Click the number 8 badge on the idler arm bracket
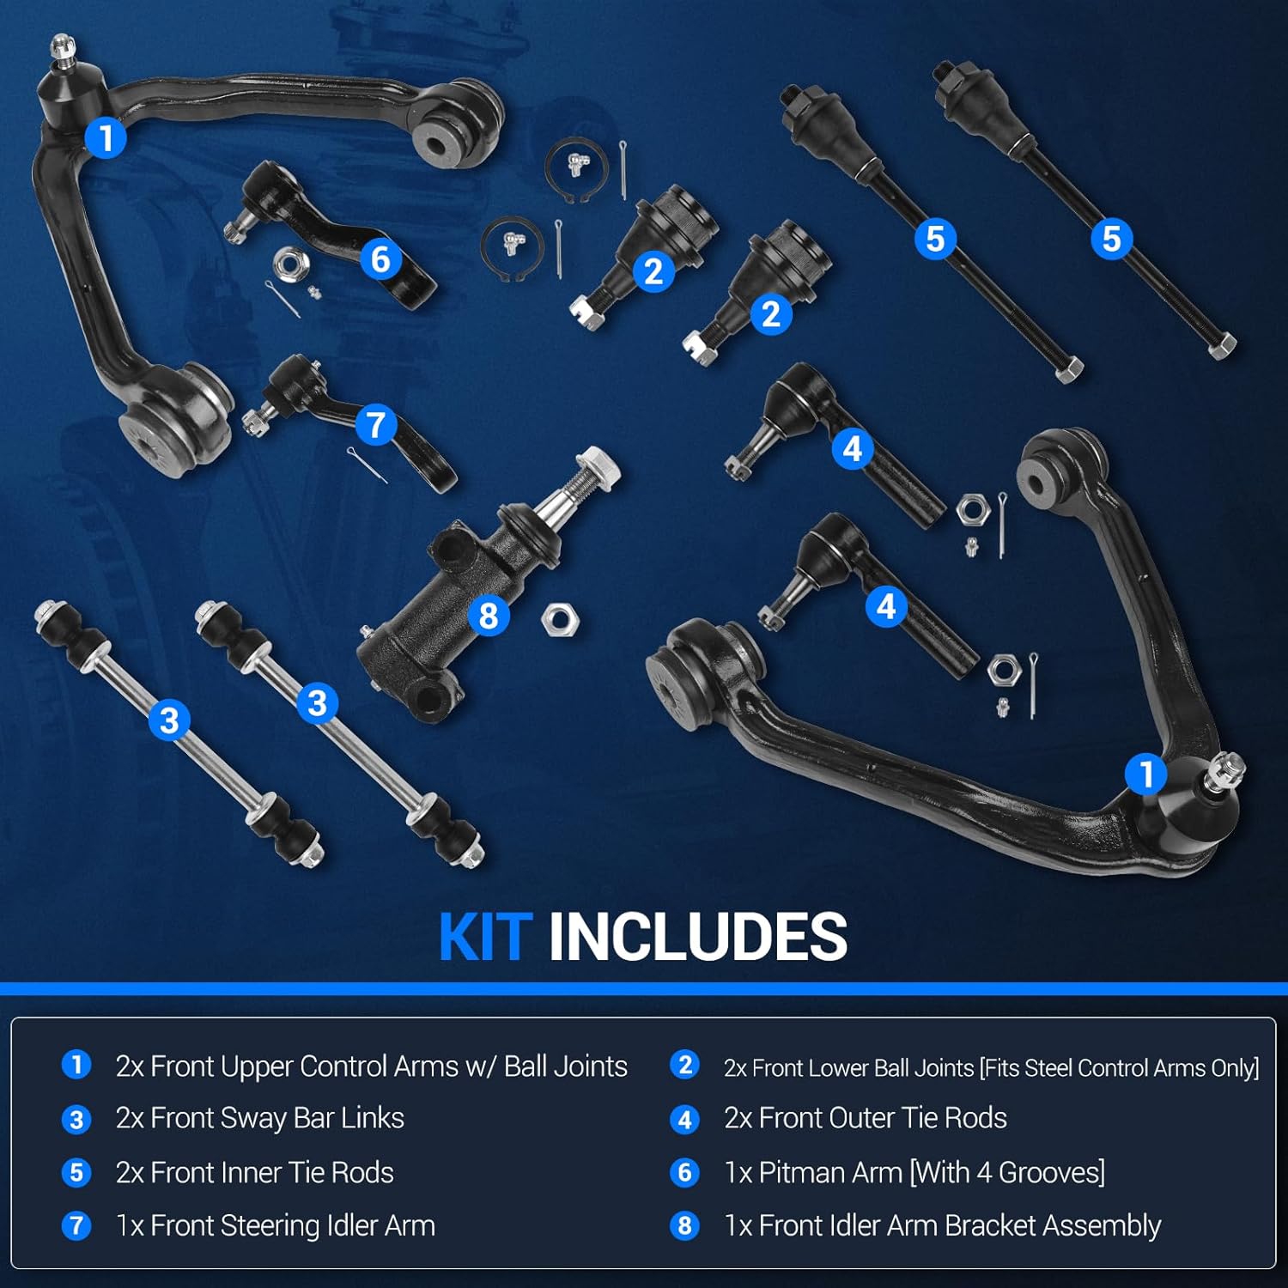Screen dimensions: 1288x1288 tap(489, 616)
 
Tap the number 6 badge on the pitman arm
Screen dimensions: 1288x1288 tap(380, 259)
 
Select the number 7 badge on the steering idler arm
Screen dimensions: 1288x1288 tap(375, 425)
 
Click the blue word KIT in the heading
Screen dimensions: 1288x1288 tap(485, 936)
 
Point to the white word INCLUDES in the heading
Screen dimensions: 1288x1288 tap(697, 936)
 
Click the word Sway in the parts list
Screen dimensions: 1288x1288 tap(253, 1118)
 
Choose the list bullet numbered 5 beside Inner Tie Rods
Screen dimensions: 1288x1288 tap(76, 1172)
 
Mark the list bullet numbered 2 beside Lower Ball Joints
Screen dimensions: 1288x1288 tap(684, 1066)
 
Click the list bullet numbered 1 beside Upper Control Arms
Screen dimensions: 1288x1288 tap(76, 1066)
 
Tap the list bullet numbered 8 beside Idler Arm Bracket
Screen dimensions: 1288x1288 tap(684, 1225)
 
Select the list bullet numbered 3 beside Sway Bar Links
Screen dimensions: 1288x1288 tap(76, 1119)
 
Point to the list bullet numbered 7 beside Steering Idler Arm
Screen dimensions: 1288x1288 tap(76, 1225)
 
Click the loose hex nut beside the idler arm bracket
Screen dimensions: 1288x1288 tap(560, 619)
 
